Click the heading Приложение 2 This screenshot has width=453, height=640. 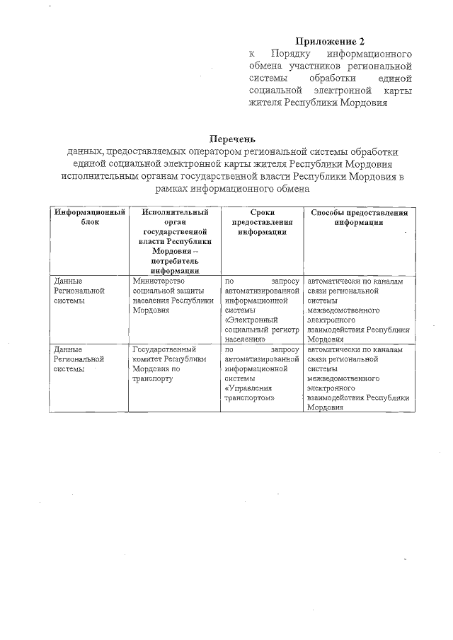tap(330, 40)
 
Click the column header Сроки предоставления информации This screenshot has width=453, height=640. tap(262, 221)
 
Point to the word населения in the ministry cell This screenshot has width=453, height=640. tap(151, 300)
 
